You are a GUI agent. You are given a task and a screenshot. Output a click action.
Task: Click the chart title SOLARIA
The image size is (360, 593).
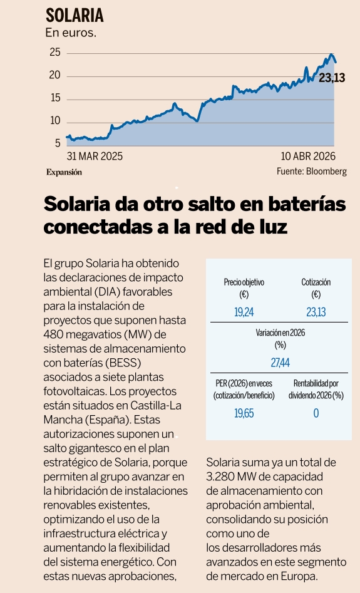coord(74,16)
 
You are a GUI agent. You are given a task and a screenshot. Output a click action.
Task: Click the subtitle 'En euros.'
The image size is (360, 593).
coord(71,33)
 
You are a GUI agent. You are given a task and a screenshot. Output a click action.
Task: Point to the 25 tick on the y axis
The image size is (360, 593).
coord(54,53)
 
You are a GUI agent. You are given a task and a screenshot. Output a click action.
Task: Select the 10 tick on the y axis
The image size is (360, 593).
coord(54,121)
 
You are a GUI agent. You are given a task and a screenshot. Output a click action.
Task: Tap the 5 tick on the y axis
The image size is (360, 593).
coord(57,143)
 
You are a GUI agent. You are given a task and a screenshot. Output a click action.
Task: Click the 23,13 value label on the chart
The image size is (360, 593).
coord(332,78)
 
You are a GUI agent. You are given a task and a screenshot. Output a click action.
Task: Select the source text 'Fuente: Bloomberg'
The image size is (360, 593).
coord(311,172)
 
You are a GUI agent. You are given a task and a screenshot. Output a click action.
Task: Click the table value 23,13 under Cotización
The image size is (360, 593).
coord(316,311)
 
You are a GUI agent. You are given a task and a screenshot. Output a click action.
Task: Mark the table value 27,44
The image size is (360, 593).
coord(280,362)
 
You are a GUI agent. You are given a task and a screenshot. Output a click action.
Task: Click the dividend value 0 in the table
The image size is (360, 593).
coord(316,413)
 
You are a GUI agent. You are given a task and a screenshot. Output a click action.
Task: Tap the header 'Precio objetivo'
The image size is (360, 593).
coord(244,282)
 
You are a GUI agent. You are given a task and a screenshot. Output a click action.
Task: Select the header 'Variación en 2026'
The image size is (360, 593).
coord(280,333)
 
